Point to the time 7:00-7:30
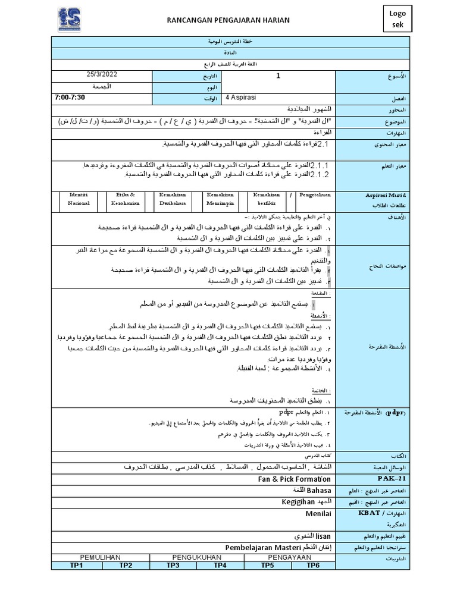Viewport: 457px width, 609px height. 70,97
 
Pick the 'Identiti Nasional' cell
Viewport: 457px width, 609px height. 79,199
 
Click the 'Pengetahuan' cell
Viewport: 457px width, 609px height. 316,194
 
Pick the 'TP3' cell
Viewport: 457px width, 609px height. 173,565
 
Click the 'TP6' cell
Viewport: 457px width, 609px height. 313,565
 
